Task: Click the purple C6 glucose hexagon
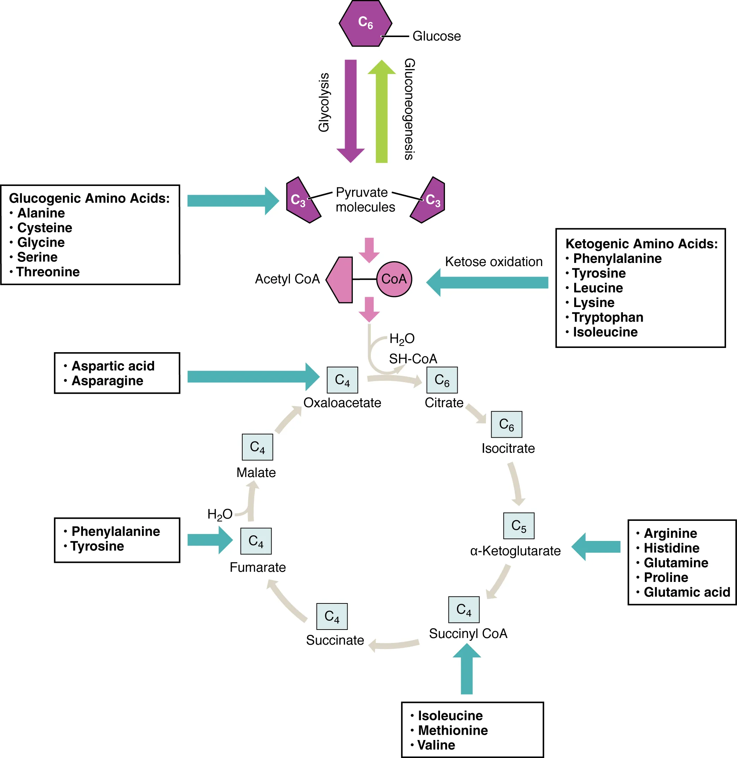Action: (365, 23)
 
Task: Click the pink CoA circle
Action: (394, 279)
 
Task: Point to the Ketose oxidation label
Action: (494, 262)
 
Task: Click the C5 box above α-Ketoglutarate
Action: (519, 525)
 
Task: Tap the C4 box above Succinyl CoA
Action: (464, 609)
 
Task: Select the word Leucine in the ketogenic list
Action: (598, 288)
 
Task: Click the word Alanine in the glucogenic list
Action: (41, 213)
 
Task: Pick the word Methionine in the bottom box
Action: (453, 730)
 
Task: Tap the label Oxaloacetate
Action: (342, 403)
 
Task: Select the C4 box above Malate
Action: (257, 447)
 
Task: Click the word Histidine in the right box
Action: (672, 548)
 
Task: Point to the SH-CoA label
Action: (413, 359)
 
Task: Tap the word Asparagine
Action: (107, 381)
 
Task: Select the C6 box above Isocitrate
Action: (506, 424)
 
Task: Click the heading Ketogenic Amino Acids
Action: (641, 243)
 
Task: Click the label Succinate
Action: (335, 640)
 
